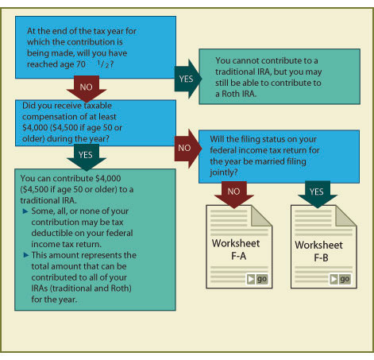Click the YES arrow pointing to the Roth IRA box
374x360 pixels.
(x=187, y=79)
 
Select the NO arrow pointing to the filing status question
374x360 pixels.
(x=187, y=149)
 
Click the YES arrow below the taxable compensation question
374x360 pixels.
(x=87, y=157)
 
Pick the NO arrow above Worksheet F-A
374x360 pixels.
(x=234, y=195)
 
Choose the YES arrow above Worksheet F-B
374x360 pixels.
(x=318, y=194)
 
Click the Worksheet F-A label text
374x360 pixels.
(x=236, y=250)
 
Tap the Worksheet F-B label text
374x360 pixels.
(x=319, y=251)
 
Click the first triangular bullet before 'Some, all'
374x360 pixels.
(x=25, y=211)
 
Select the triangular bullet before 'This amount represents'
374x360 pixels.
(x=25, y=255)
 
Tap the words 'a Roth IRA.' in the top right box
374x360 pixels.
(x=236, y=94)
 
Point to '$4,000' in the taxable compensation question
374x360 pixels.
(x=35, y=128)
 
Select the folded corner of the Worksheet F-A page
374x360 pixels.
(x=261, y=216)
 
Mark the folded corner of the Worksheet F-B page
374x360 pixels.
(x=345, y=216)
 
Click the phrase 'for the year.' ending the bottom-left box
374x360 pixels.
(x=54, y=300)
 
